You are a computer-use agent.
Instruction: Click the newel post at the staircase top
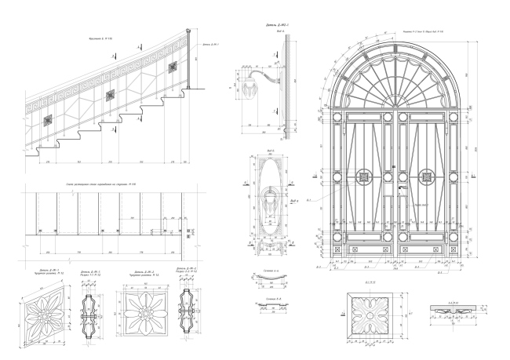point(188,59)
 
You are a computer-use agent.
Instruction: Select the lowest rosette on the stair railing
point(48,121)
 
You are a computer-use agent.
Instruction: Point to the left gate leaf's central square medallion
point(364,176)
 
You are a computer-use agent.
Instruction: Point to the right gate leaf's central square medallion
point(428,176)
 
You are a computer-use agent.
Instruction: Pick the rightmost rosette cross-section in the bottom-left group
point(187,312)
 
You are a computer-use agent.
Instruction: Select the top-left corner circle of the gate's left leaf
point(338,118)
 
